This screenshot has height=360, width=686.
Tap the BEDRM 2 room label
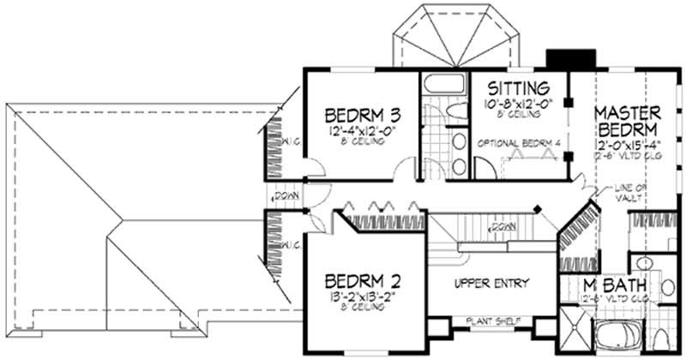tap(360, 280)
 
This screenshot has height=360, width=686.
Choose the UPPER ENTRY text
tap(491, 284)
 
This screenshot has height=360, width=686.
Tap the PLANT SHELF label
tap(490, 321)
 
